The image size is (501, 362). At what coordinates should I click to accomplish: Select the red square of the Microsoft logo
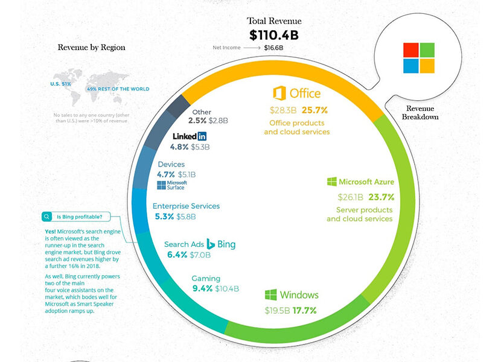(x=411, y=50)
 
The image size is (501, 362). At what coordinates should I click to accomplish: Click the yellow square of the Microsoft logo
(x=427, y=65)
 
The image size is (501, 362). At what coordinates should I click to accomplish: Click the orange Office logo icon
(x=279, y=94)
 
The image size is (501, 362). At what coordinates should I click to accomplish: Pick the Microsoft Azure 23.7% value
(x=381, y=197)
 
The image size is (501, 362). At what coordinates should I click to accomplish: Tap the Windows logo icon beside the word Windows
(x=270, y=295)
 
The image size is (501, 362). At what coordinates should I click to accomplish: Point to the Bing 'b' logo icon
(x=211, y=244)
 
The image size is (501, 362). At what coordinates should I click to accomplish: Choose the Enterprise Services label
(x=186, y=206)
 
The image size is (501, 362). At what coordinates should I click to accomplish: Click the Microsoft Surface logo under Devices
(x=172, y=185)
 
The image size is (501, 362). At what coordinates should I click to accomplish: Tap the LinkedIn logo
(x=190, y=136)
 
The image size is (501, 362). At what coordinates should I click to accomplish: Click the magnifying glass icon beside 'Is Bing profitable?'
(x=46, y=217)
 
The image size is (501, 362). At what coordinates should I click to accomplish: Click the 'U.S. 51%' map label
(x=60, y=84)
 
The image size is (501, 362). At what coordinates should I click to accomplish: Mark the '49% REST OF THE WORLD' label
(x=118, y=89)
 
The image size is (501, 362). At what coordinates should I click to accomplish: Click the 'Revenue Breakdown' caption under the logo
(x=419, y=112)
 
